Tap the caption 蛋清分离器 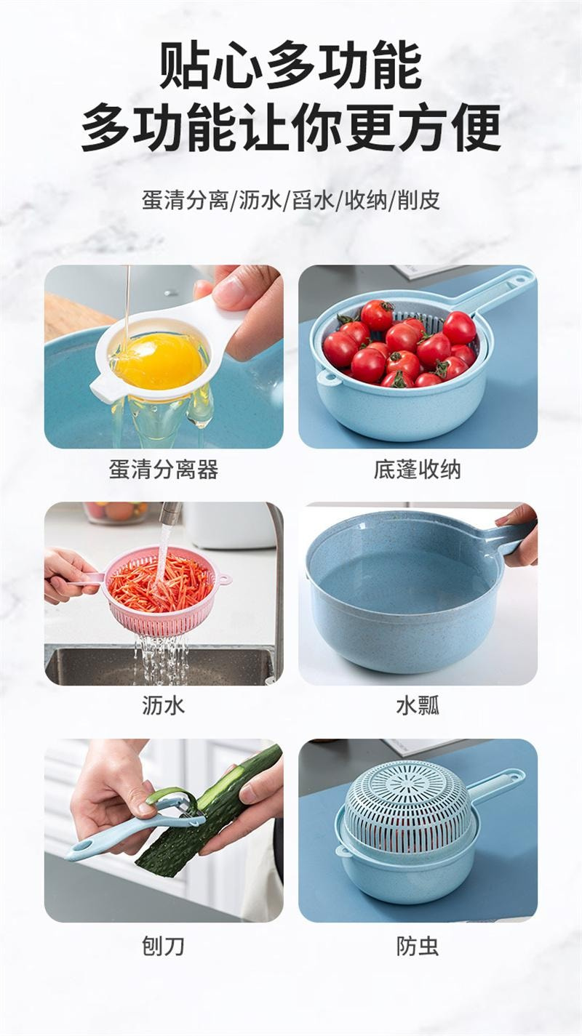(x=164, y=470)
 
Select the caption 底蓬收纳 (x=418, y=470)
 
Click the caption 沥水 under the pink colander (x=164, y=706)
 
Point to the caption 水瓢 (x=418, y=706)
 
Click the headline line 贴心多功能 (x=290, y=65)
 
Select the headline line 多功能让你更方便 (x=291, y=128)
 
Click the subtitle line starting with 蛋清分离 (x=291, y=200)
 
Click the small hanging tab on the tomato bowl (x=330, y=377)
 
